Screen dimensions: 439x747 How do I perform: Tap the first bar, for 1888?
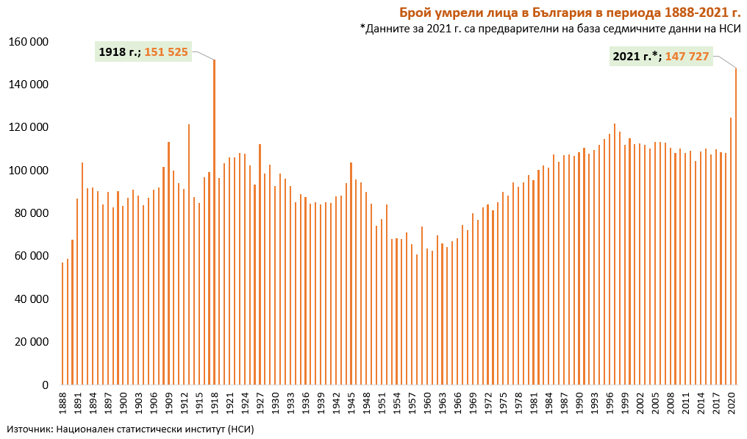62,324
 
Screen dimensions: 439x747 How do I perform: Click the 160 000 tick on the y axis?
28,41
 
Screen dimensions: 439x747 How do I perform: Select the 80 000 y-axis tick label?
31,213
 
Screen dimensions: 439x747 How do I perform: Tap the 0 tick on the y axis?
45,385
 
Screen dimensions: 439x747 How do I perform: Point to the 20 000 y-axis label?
31,342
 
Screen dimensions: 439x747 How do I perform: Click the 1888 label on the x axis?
62,403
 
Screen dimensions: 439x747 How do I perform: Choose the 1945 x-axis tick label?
351,403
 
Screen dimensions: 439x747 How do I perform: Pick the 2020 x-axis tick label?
731,403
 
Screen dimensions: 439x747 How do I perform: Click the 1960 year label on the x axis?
427,403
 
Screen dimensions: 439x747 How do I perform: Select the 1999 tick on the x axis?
624,403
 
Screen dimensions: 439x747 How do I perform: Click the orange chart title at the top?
569,13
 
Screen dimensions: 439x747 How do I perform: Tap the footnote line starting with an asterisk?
550,29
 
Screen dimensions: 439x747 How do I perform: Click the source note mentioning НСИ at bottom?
130,429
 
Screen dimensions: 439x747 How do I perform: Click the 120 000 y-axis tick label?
28,127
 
